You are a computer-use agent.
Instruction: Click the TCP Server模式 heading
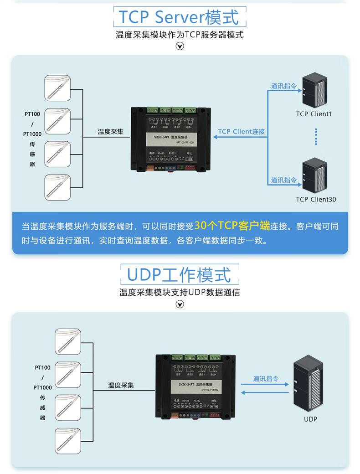[179, 18]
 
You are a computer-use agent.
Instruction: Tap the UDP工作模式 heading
[179, 275]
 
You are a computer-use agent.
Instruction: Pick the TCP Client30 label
[316, 199]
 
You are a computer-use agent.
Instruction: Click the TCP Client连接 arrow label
[241, 132]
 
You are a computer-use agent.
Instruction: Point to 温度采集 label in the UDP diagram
[121, 386]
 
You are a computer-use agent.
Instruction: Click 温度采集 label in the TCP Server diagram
[111, 132]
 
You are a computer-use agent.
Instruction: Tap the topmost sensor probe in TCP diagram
[57, 88]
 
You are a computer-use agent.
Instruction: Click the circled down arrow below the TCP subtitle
[180, 46]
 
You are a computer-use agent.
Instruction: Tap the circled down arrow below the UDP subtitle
[180, 304]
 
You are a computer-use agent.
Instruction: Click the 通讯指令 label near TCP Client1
[283, 86]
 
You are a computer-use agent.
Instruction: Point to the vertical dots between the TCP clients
[315, 136]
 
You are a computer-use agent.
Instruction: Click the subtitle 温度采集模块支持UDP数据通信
[180, 293]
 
